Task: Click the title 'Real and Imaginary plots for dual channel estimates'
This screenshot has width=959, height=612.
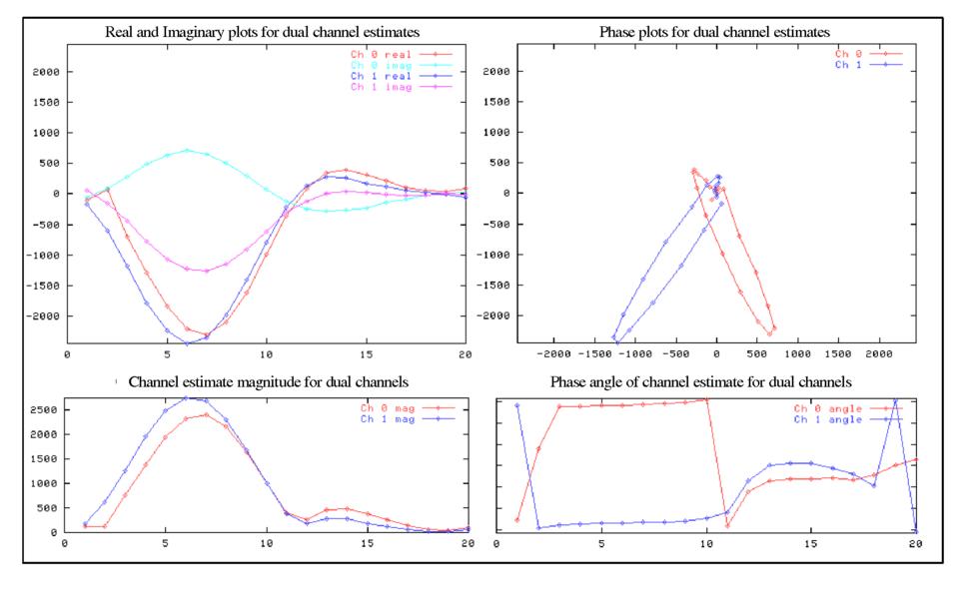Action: pos(263,33)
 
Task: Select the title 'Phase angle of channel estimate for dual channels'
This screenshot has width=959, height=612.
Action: pos(700,382)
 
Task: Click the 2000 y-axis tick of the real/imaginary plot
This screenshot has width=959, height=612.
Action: pos(44,72)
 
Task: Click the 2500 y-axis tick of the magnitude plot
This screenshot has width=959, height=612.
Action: pos(44,410)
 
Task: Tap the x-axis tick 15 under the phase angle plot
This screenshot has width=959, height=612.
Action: pos(811,543)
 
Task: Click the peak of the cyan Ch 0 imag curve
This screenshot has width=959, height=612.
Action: pos(187,151)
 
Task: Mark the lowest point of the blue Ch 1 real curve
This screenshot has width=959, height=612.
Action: pos(187,343)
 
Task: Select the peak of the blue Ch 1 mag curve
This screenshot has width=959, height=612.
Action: pos(186,398)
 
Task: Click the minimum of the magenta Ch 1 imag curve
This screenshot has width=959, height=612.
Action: pos(206,271)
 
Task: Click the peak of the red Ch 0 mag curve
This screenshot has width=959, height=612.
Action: pos(206,414)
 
